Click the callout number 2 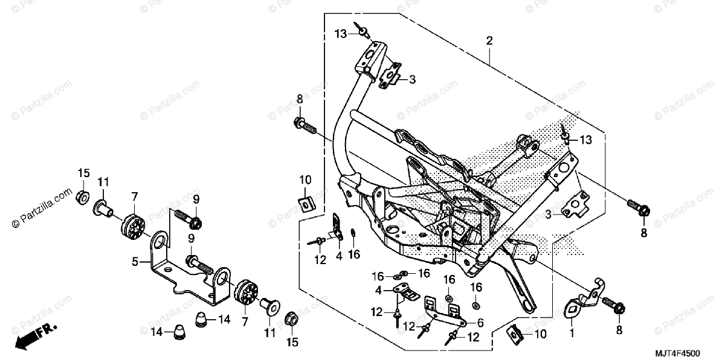(489, 41)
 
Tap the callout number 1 (572, 332)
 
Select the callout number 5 (136, 262)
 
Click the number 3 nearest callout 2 (412, 79)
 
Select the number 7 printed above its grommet (134, 196)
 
